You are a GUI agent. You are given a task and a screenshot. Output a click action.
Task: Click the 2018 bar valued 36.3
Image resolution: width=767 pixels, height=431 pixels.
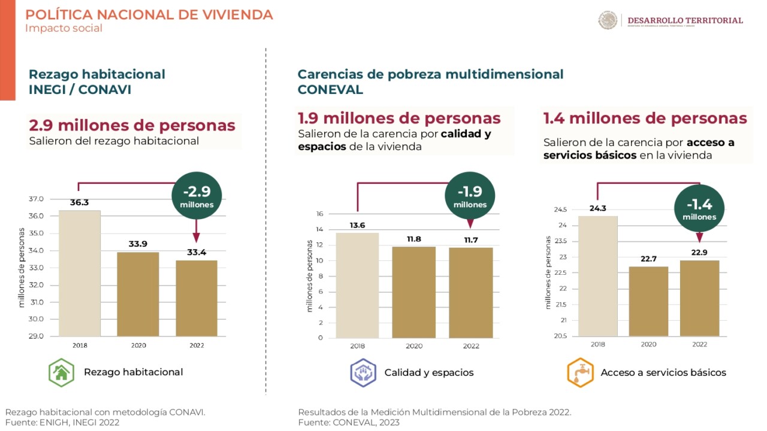coord(79,273)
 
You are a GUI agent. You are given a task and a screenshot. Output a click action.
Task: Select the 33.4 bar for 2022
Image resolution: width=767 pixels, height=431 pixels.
coord(196,298)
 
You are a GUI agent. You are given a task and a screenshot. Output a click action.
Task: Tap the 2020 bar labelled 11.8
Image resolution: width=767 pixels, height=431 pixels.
coord(413,292)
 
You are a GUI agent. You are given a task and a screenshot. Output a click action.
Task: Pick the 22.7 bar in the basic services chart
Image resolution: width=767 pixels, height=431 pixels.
coord(648,301)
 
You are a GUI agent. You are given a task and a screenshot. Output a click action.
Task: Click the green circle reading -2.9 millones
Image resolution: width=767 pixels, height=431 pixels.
coord(197,196)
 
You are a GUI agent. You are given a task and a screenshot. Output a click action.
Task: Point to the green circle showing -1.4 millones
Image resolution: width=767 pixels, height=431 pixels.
coord(699,208)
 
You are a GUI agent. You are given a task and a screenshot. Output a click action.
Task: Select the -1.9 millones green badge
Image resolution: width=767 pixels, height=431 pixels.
coord(470,196)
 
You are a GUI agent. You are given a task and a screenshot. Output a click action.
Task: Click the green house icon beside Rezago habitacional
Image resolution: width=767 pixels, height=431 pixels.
coord(61,372)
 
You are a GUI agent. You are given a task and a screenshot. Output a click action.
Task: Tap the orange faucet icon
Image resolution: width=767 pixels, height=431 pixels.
coord(579,372)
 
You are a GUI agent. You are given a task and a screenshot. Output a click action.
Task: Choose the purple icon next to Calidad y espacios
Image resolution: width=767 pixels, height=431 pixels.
coord(363,372)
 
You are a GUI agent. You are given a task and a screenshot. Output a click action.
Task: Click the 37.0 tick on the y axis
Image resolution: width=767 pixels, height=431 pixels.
coord(36,199)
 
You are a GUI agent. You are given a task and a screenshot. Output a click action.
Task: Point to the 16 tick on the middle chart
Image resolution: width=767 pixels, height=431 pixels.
coord(319,214)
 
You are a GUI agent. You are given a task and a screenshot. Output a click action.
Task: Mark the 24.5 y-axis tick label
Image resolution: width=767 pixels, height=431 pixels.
coord(560,210)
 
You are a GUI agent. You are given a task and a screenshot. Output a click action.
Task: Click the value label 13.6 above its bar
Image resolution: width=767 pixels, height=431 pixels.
coord(357,225)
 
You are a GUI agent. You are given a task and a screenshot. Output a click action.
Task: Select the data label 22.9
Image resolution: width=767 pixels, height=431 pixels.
coord(699,253)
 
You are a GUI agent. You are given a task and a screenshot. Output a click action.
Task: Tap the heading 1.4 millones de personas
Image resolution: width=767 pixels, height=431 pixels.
coord(645,119)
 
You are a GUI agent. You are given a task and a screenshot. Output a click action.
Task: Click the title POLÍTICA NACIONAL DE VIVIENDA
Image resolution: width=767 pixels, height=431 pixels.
coord(149,14)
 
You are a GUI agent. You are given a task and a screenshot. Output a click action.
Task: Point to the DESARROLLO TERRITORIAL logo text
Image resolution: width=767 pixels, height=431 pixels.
coord(685,20)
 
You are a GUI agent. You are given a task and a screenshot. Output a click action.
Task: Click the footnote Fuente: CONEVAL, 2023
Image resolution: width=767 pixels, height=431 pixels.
coord(349,423)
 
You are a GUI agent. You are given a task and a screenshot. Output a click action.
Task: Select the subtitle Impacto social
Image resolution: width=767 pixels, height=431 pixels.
coord(64,28)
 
